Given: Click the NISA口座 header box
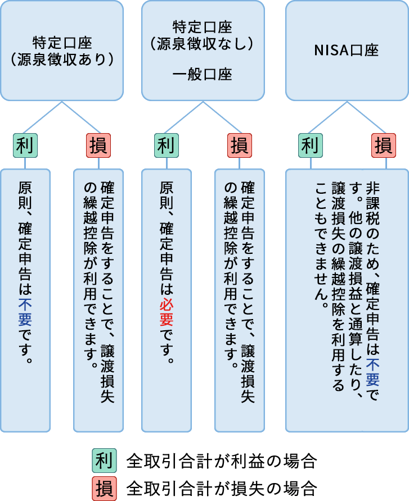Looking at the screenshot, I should click(347, 51).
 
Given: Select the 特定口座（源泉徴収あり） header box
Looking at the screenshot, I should click(62, 51).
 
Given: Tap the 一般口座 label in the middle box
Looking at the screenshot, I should click(203, 75).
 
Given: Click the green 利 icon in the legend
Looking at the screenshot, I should click(104, 461).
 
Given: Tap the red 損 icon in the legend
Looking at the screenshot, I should click(104, 486).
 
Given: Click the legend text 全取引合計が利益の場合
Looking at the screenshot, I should click(222, 461).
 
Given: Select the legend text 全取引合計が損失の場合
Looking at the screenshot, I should click(222, 486).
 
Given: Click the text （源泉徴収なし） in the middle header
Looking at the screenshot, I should click(203, 43).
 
